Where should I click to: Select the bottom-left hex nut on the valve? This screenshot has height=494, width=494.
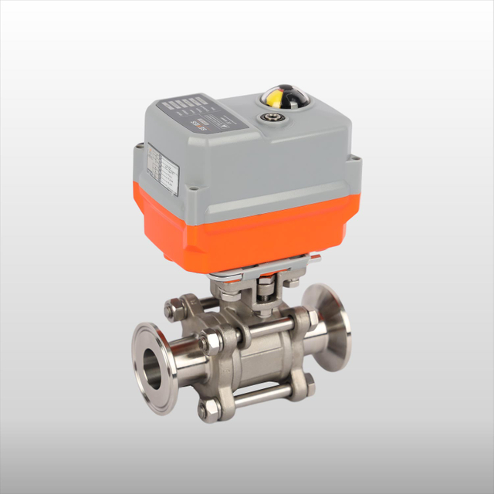point(207,410)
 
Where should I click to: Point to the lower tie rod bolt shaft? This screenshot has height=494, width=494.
point(262,398)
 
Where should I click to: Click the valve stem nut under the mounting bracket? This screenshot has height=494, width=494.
point(266,289)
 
